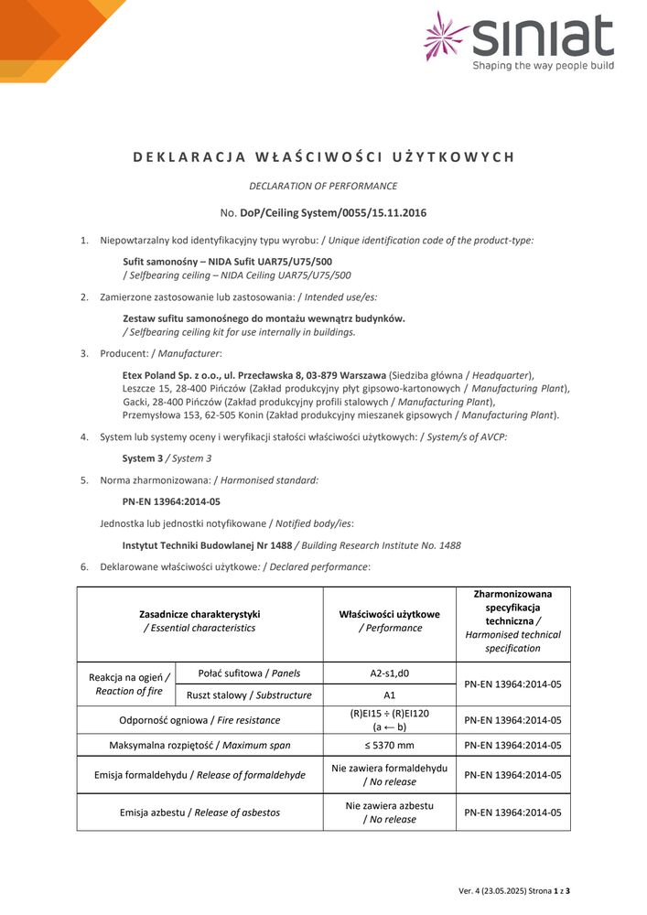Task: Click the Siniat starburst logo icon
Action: coord(446,37)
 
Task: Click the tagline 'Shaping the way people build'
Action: coord(543,65)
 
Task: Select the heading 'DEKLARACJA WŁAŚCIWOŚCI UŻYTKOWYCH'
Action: coord(323,156)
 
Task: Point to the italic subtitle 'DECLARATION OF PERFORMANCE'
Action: coord(323,186)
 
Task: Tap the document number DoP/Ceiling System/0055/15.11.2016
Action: coord(332,213)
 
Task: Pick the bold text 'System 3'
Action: coord(143,458)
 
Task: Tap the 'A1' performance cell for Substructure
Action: coord(389,695)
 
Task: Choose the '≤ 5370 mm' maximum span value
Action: coord(389,745)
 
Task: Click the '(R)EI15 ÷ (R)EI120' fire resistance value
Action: coord(389,715)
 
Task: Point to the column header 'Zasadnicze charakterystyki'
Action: coord(199,614)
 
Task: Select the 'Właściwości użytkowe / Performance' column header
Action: coord(389,621)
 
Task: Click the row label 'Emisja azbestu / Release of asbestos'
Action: coord(199,813)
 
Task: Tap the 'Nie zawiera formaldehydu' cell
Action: coord(389,769)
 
